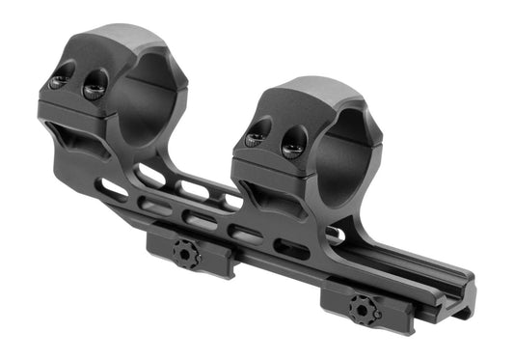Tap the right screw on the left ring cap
[95, 88]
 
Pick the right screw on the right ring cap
[294, 146]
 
